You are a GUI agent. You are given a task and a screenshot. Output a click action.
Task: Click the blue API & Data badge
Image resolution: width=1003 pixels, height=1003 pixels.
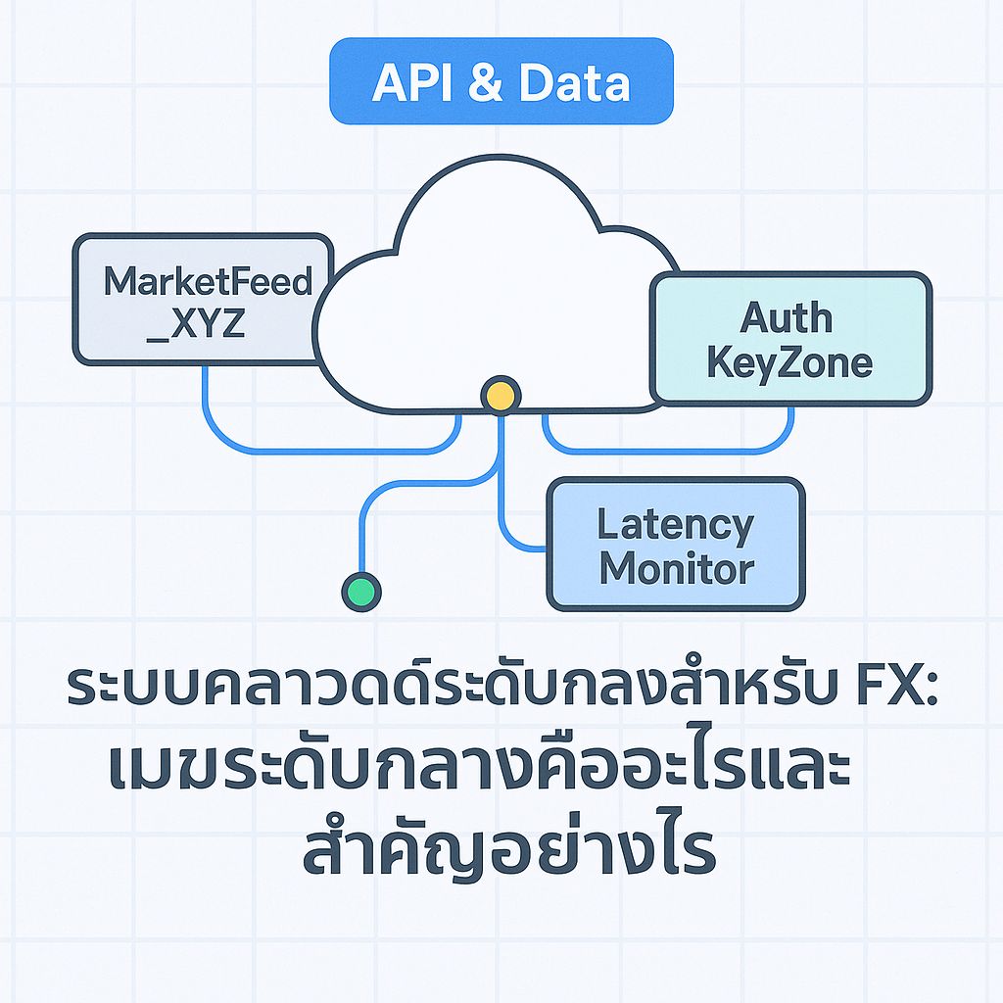click(501, 81)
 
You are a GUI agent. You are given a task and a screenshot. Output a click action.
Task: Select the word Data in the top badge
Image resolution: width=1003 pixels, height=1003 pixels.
click(574, 84)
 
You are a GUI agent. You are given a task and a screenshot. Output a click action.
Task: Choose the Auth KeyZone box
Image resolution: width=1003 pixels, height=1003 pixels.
click(789, 338)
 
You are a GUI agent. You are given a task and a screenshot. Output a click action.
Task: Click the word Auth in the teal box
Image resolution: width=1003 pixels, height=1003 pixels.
click(786, 317)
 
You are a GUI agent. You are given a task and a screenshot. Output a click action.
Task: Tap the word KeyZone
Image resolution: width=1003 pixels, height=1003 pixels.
click(789, 362)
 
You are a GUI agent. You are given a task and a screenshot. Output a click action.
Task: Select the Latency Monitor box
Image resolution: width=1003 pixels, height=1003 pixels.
click(676, 545)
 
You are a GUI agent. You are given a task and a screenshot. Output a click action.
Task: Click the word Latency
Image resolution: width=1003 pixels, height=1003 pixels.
click(676, 525)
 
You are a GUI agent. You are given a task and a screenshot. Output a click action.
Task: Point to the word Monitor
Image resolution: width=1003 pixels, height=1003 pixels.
click(676, 568)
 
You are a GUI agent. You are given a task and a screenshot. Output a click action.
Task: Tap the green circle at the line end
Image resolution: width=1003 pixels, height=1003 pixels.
click(361, 591)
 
